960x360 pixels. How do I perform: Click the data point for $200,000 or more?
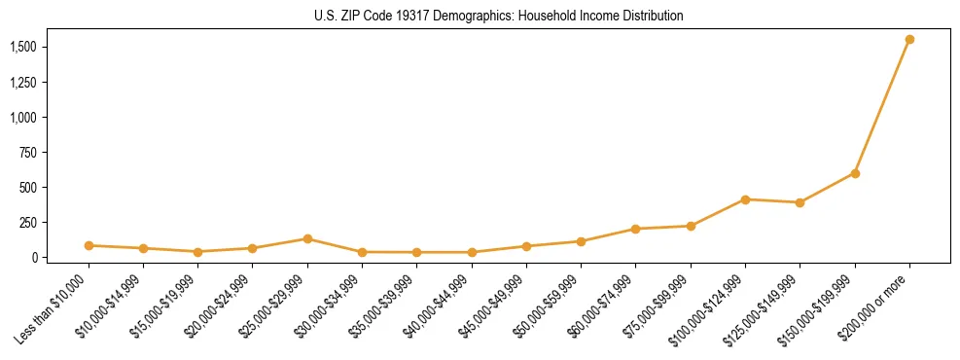909,40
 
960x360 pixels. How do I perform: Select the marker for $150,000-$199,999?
855,173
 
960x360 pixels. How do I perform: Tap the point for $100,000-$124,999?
745,199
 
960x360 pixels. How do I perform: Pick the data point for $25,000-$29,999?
307,238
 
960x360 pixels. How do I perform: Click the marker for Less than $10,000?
89,245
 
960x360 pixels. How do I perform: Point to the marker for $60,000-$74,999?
635,229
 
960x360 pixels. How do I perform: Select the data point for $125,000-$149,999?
800,202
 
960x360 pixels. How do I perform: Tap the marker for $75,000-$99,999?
691,226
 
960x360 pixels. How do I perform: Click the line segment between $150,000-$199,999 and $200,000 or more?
882,107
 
